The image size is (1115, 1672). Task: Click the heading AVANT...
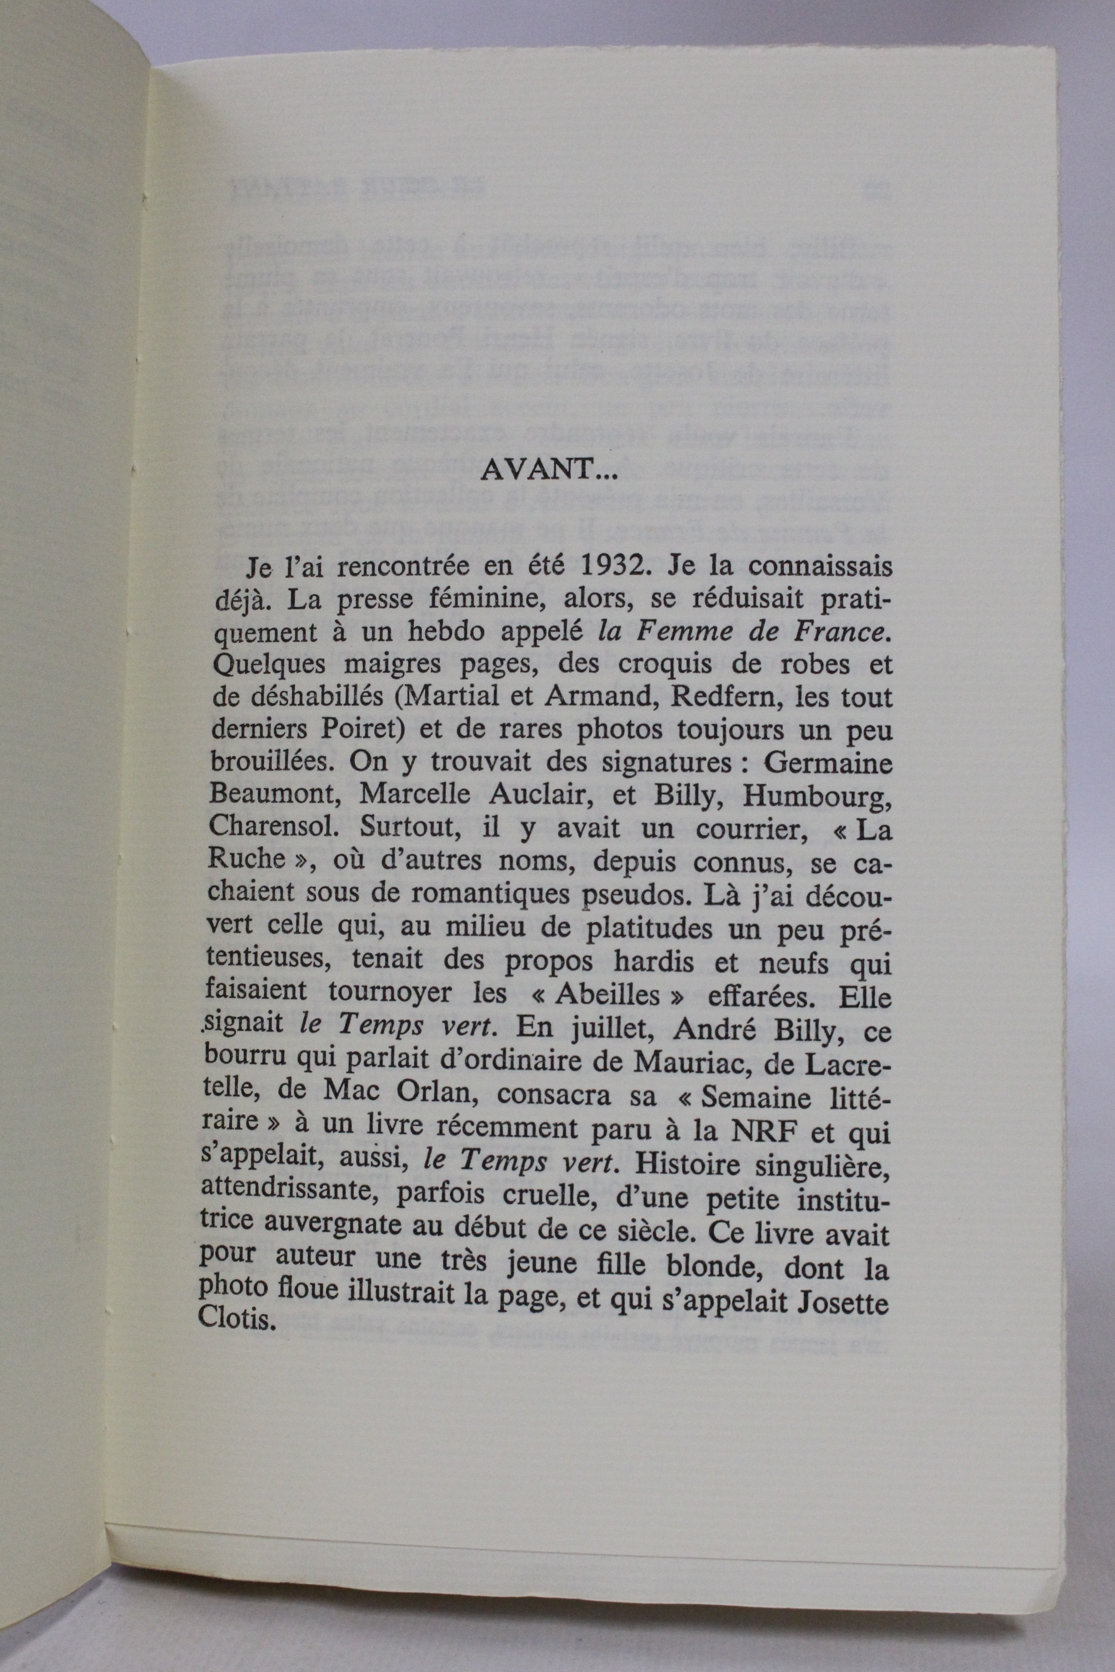coord(541,470)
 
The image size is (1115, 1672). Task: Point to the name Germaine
coord(826,763)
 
